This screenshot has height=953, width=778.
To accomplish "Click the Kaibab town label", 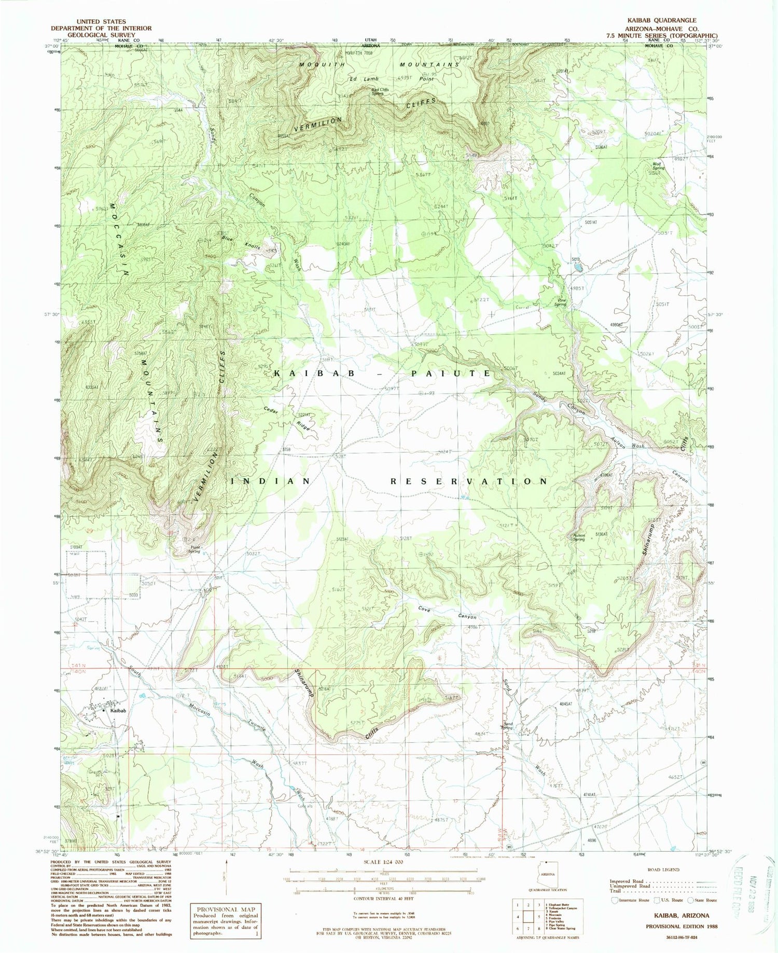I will (x=117, y=710).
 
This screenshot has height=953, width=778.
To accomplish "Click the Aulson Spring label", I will (x=578, y=537).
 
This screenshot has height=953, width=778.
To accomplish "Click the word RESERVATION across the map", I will (x=468, y=481).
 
